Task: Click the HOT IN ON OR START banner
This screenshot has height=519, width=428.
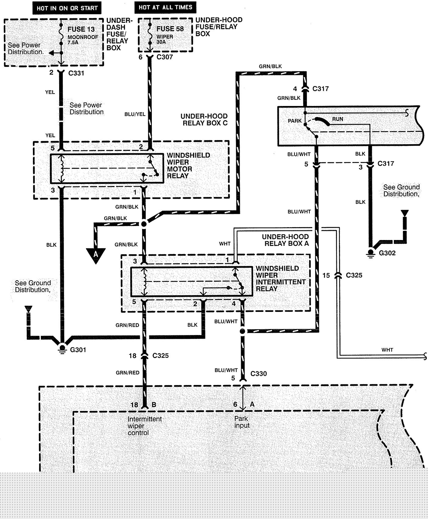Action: [x=67, y=8]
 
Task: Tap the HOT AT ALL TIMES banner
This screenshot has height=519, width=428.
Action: [x=165, y=7]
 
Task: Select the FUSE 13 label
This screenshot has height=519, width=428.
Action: [x=81, y=29]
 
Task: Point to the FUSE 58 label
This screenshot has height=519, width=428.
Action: [x=170, y=29]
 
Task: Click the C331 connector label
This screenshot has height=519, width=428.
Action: [x=76, y=73]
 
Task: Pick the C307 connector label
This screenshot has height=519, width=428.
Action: [x=165, y=57]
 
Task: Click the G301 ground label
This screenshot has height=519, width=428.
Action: [x=78, y=350]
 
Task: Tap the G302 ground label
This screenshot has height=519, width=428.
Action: [x=387, y=253]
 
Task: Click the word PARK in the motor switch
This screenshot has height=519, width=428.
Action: [x=294, y=121]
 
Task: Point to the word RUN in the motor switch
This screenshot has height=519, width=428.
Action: [x=337, y=119]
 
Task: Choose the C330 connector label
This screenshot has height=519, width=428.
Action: [x=259, y=374]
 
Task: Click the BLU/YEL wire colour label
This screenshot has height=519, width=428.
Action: [x=135, y=114]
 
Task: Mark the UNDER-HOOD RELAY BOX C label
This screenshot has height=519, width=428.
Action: [x=204, y=119]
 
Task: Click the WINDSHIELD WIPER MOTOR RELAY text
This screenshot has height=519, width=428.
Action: [x=188, y=165]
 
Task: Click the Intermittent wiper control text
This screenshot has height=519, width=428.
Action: [x=145, y=426]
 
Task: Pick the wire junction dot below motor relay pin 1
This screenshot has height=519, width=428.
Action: [x=144, y=224]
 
